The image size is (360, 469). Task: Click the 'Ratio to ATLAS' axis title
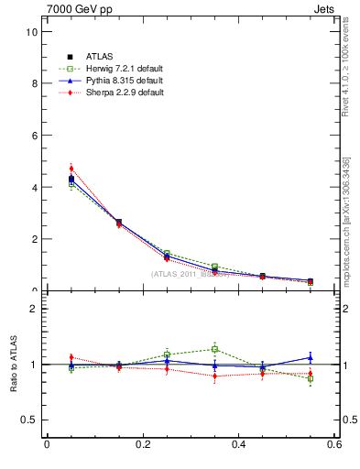click(x=15, y=365)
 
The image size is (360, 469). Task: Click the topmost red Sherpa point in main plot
click(x=71, y=169)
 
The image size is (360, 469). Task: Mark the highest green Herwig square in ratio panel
click(x=214, y=349)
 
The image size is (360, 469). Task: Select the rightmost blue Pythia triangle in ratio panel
click(x=311, y=357)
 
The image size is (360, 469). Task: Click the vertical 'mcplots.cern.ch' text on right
click(x=346, y=220)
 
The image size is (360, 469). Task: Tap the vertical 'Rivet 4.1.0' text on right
click(x=346, y=69)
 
